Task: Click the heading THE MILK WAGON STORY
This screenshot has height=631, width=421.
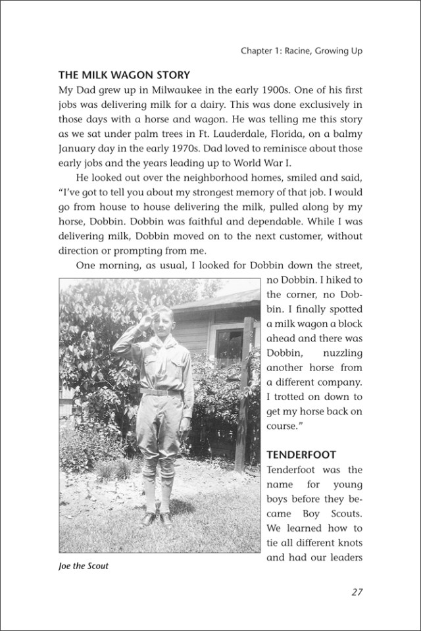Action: pyautogui.click(x=124, y=74)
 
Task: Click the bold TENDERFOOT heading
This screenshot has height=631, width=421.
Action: pyautogui.click(x=302, y=455)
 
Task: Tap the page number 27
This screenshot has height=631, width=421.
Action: pyautogui.click(x=357, y=592)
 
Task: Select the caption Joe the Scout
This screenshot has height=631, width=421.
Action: pyautogui.click(x=84, y=565)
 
